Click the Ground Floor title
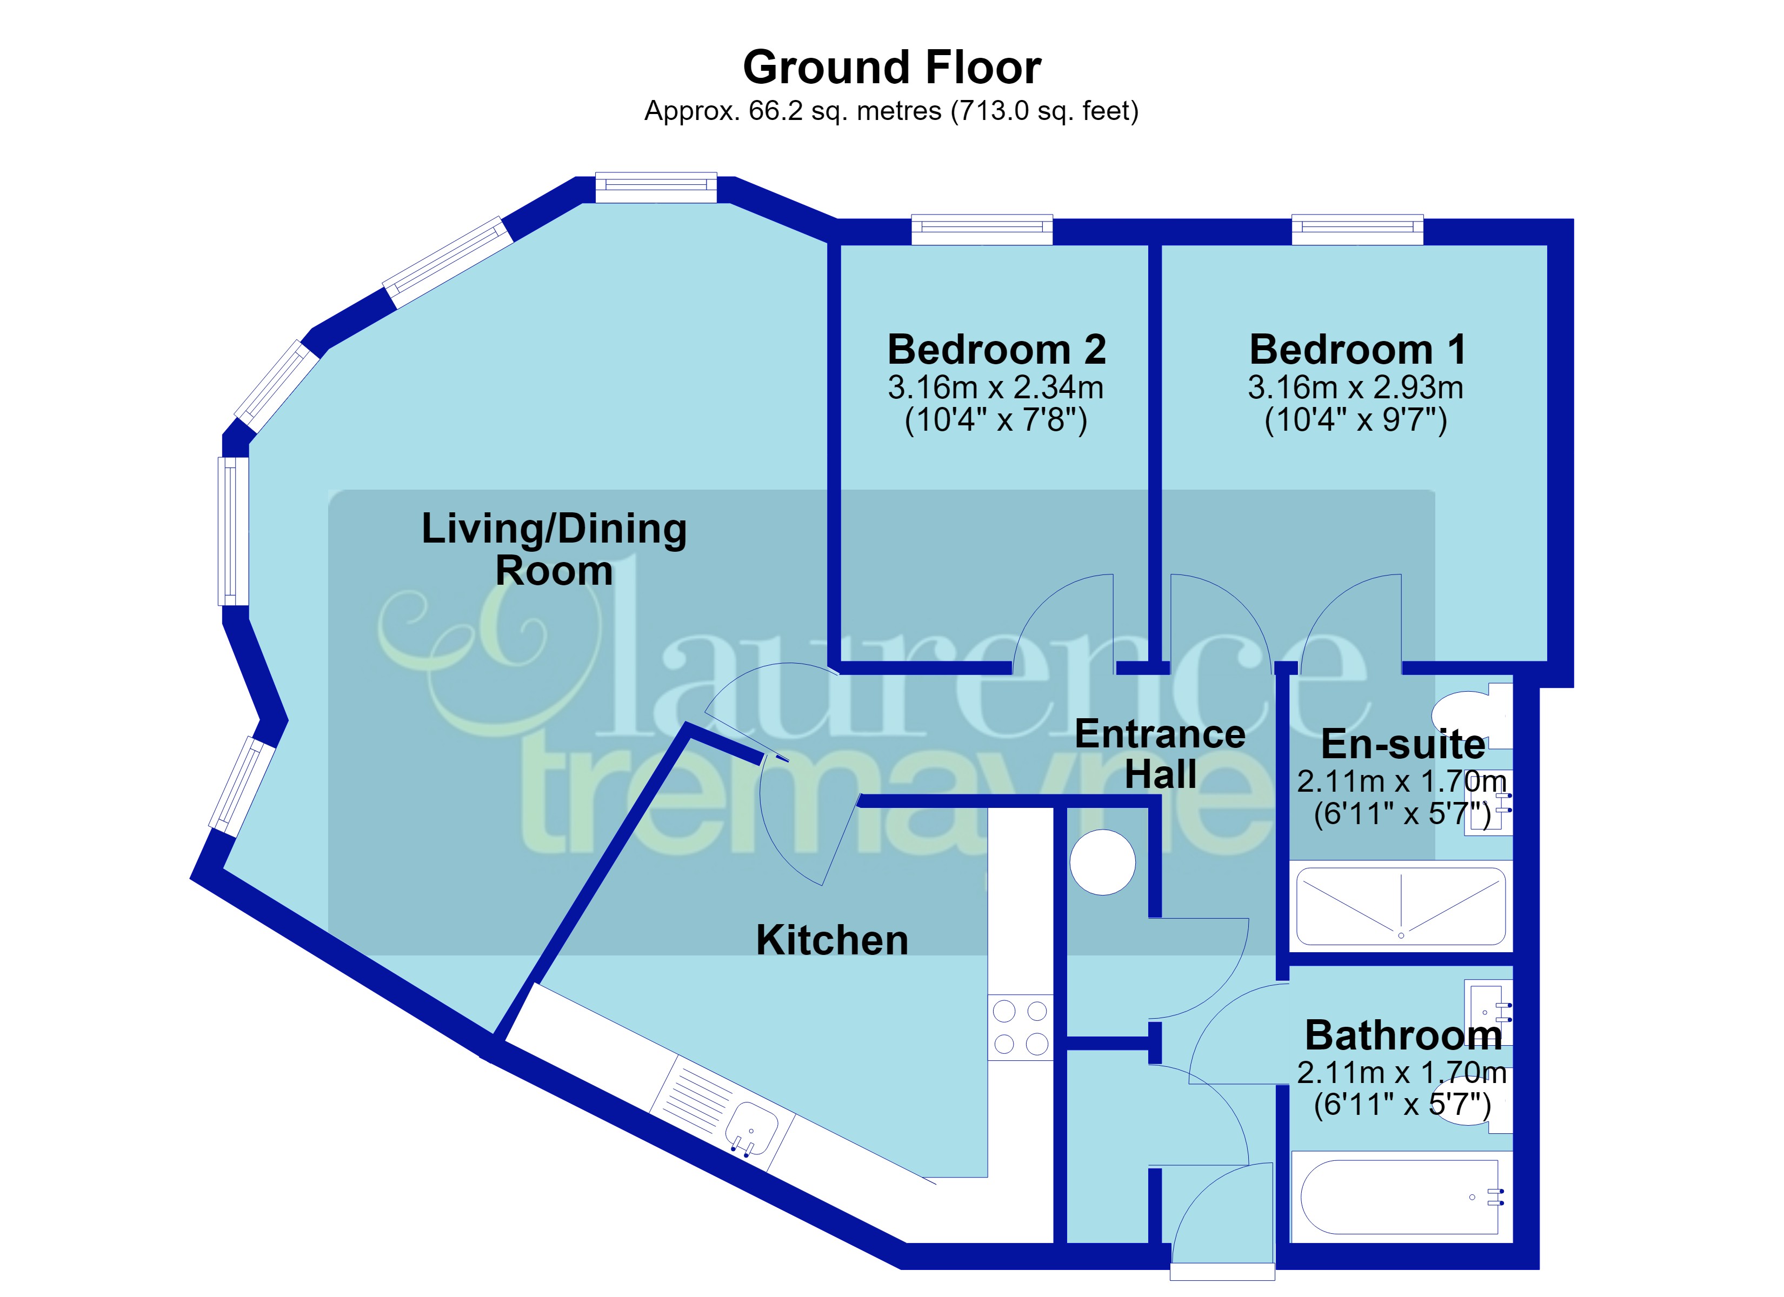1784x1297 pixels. click(891, 67)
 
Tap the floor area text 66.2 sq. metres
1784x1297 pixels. click(844, 111)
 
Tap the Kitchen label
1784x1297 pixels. click(831, 940)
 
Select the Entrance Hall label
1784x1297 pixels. click(1160, 753)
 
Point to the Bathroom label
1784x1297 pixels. click(1403, 1035)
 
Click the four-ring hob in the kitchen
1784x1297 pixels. click(1020, 1027)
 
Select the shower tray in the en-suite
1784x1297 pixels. click(1401, 906)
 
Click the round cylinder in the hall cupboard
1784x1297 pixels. click(1103, 862)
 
